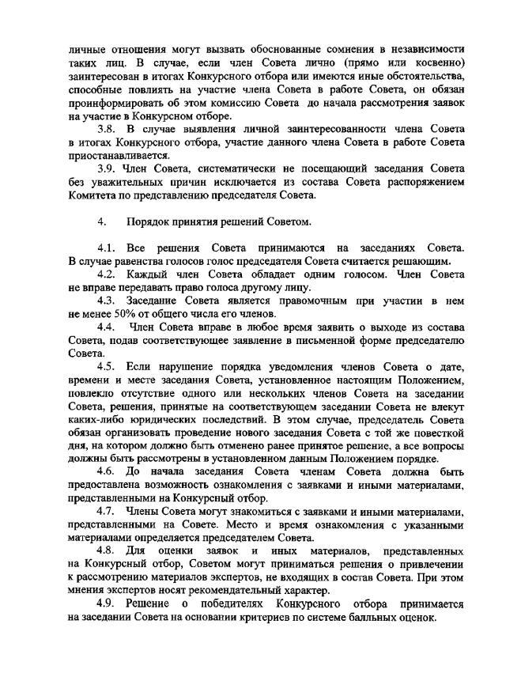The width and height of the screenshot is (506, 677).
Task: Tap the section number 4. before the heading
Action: pos(101,221)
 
